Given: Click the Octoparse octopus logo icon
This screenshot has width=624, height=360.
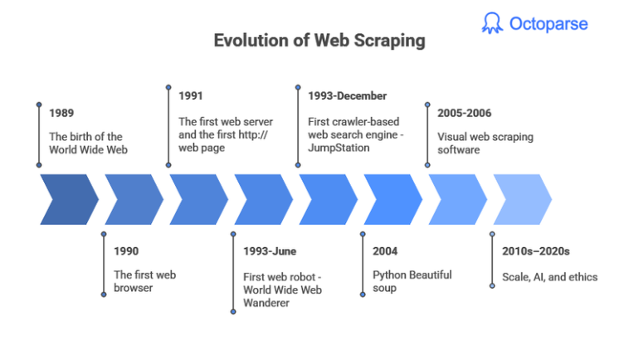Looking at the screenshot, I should pos(492,23).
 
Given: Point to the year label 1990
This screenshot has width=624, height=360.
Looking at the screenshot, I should pos(128,250).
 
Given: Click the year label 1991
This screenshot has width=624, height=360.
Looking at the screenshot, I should pos(191,96).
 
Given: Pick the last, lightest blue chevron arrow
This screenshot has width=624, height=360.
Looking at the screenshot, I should pos(522,200).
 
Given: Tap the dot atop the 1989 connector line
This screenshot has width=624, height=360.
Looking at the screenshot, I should pos(39,105).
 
